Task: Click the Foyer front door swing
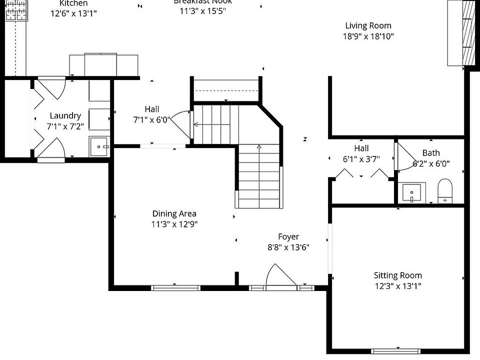[280, 277]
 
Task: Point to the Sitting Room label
[397, 275]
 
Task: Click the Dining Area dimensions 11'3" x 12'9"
[174, 224]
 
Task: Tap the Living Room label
[368, 25]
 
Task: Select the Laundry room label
[65, 115]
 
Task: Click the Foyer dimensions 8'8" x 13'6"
[288, 247]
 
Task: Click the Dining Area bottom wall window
[176, 287]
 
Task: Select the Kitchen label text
[73, 3]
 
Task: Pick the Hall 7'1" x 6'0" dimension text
[152, 120]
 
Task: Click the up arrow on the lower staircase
[259, 147]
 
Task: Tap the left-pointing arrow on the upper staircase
[196, 124]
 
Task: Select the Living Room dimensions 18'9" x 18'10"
[368, 36]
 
